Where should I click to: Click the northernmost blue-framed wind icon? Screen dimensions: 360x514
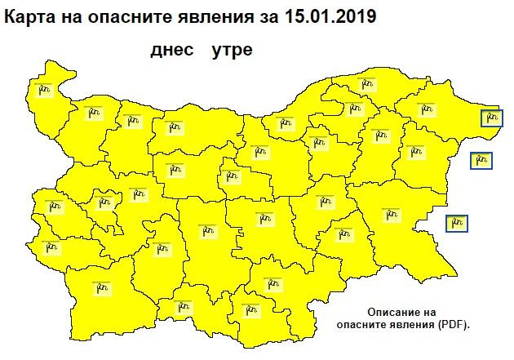click(x=490, y=118)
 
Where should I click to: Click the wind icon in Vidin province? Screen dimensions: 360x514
click(x=44, y=87)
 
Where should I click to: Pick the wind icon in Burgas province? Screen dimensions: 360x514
click(x=392, y=212)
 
